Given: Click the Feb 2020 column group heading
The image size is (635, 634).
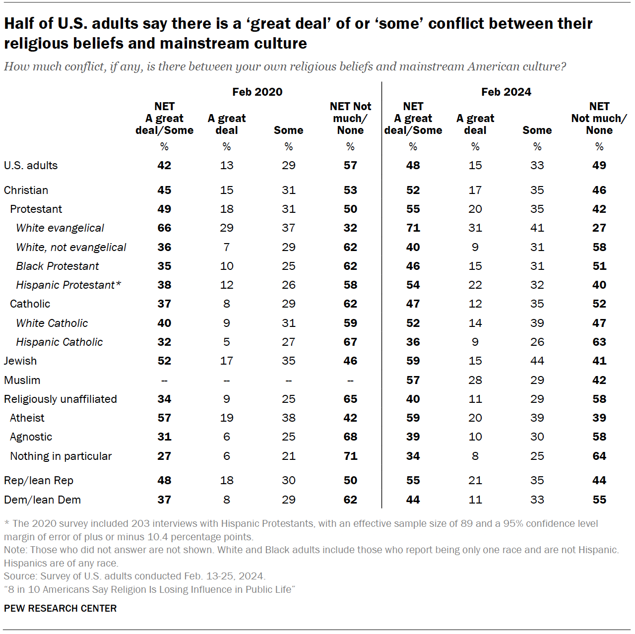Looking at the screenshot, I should [x=257, y=92].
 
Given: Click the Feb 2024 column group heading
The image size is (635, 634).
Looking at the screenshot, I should [x=506, y=92].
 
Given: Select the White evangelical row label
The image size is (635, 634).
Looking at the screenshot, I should [x=60, y=228].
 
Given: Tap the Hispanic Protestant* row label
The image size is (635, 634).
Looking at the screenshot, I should [x=68, y=285].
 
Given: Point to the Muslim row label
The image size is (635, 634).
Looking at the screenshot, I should [x=22, y=380].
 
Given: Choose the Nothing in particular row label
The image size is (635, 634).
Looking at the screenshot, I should [x=61, y=456].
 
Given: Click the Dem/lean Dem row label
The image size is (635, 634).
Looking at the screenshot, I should [x=43, y=500].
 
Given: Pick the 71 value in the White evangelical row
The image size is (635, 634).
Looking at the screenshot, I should [x=413, y=228].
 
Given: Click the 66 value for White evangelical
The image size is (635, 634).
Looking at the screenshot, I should [x=164, y=228].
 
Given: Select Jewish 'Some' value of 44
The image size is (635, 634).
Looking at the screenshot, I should [x=537, y=361].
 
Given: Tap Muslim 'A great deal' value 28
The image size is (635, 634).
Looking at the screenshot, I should [x=475, y=380].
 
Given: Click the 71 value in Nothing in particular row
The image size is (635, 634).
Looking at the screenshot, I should [x=350, y=456].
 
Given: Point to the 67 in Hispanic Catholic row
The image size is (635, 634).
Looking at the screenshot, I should [x=350, y=342].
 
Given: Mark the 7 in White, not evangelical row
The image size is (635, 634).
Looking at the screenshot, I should [x=227, y=247].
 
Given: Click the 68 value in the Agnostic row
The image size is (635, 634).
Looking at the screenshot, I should [x=350, y=437].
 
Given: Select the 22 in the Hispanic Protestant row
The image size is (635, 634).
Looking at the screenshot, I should [x=475, y=285].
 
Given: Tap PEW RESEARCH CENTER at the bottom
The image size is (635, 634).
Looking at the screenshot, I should [x=61, y=608].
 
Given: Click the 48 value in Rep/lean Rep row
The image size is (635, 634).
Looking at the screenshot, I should [x=164, y=480].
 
